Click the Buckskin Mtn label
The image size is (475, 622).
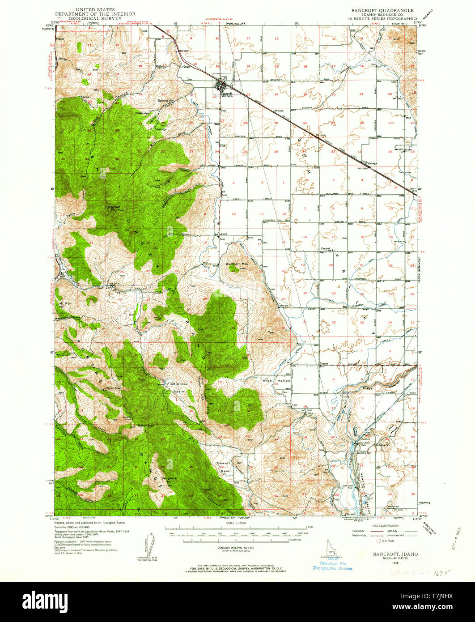[x=237, y=264]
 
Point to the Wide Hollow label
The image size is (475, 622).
[x=276, y=380]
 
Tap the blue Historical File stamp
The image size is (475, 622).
[x=332, y=566]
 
